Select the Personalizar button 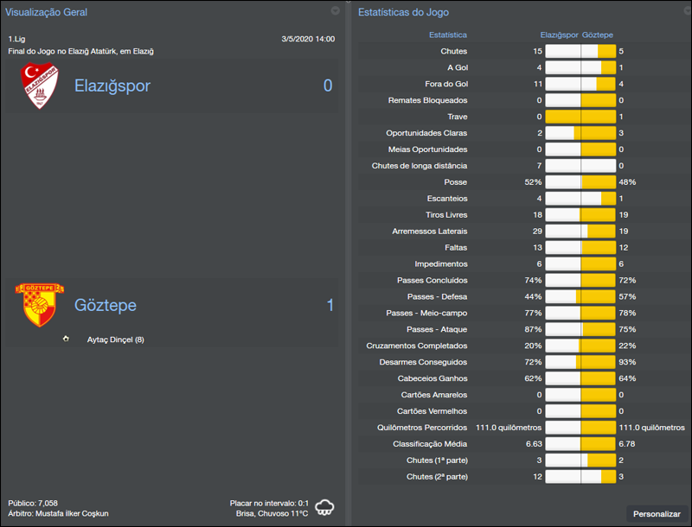point(657,514)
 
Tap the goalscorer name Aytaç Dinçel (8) point(115,340)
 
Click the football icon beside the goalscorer point(66,339)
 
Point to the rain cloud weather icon point(326,506)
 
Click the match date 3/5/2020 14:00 point(308,39)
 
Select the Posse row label point(455,182)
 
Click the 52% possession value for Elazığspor point(533,182)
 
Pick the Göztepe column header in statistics point(598,35)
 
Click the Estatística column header point(448,35)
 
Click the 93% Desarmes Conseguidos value point(627,362)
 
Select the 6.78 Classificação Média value point(627,444)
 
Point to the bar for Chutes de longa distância point(580,166)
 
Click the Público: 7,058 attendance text point(34,502)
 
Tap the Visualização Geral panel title point(46,12)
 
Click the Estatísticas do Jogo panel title point(403,12)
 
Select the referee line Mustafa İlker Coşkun point(59,513)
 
